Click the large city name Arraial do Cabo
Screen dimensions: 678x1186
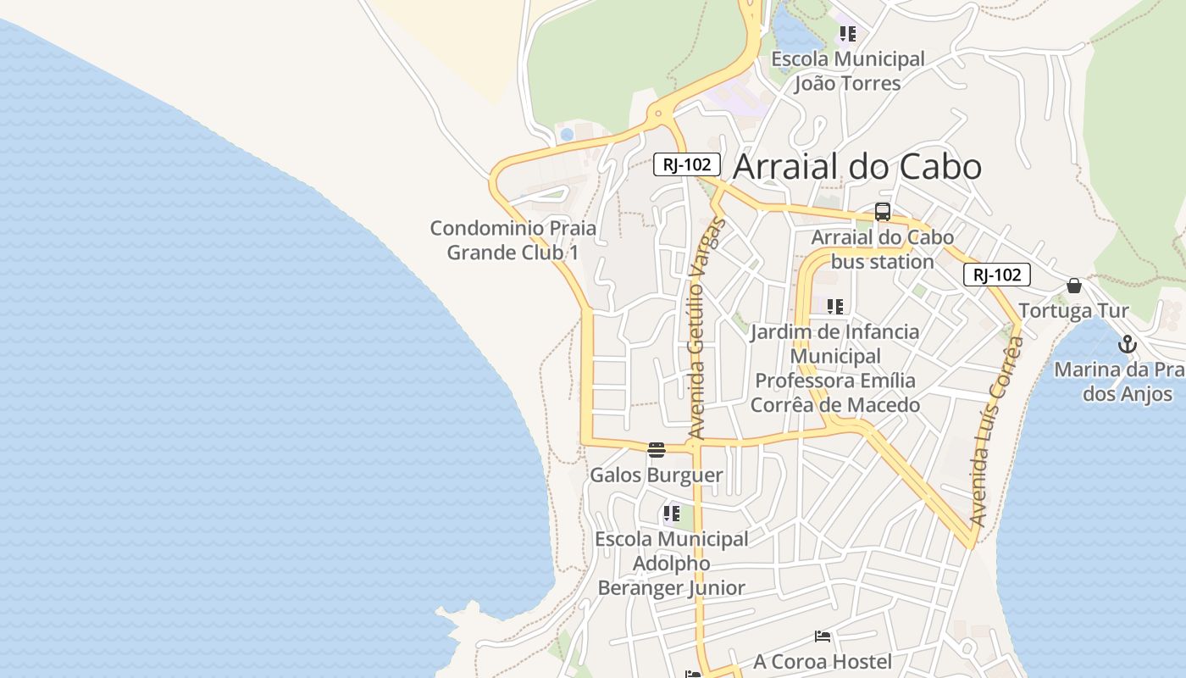856,167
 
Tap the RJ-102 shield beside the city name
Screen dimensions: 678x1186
686,164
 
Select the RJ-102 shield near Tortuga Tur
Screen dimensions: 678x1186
996,275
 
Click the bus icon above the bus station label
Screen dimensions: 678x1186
883,212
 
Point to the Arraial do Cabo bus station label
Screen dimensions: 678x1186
882,249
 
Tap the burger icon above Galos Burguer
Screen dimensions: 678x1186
657,449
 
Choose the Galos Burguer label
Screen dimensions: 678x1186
657,475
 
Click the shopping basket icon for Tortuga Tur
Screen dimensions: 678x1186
1074,286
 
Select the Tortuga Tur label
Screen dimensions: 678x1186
1073,311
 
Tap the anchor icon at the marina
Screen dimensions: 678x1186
1127,344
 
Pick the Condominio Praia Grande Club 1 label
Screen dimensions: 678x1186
513,240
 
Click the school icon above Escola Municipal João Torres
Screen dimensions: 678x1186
847,34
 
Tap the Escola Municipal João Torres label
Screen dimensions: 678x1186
847,71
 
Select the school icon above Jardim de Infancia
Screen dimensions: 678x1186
835,306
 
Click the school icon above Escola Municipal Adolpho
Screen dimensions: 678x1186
672,514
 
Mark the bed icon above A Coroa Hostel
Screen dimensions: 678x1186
822,636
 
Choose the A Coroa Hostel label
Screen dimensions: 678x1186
823,661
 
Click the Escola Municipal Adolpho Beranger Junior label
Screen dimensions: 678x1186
672,564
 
